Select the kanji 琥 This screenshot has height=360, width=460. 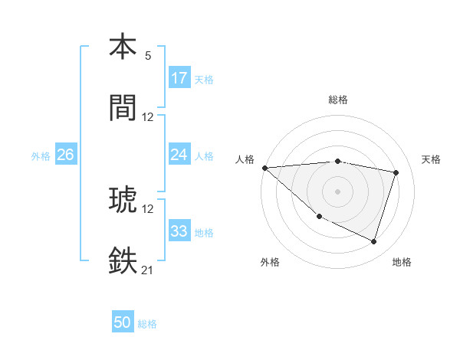[x=123, y=198]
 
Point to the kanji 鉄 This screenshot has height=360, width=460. [x=123, y=260]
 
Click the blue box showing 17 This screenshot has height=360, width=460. [x=179, y=78]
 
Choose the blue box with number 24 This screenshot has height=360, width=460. [x=179, y=155]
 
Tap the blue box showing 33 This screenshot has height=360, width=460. [x=179, y=231]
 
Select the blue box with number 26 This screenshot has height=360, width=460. [x=65, y=155]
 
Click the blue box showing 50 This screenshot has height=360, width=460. [x=123, y=323]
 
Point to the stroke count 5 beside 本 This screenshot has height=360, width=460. [x=148, y=55]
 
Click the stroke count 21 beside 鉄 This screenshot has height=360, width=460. [x=147, y=270]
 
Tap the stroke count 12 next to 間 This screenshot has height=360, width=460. [x=148, y=117]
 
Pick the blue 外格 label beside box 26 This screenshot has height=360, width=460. [x=41, y=155]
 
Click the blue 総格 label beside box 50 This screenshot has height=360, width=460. [x=147, y=324]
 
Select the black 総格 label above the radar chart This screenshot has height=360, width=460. [x=338, y=100]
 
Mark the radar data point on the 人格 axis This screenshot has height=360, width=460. [x=264, y=168]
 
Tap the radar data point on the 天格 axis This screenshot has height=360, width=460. [x=396, y=173]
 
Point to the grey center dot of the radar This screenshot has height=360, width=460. [x=338, y=191]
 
